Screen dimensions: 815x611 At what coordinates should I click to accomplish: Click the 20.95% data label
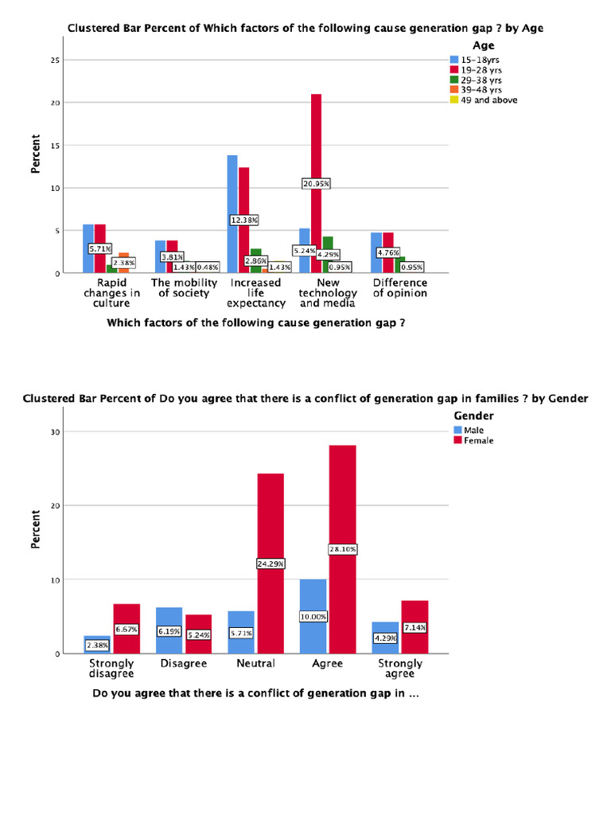pos(316,183)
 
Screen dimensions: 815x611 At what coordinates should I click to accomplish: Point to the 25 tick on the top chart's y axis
pos(55,60)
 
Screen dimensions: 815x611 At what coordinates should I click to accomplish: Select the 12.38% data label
pos(244,219)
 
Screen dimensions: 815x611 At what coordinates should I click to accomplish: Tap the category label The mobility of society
pos(184,287)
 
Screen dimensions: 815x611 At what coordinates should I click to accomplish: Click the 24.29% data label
pos(270,563)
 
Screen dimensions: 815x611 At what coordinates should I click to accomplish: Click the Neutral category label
pos(255,663)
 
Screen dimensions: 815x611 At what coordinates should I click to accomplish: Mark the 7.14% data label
pos(414,627)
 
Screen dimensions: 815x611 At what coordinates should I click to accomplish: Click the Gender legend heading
pos(473,415)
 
